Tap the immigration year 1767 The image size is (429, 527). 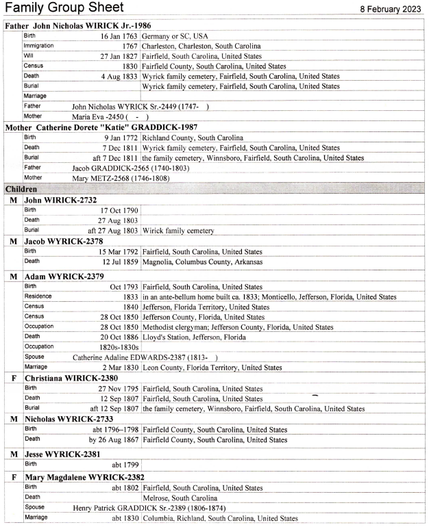pos(129,46)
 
